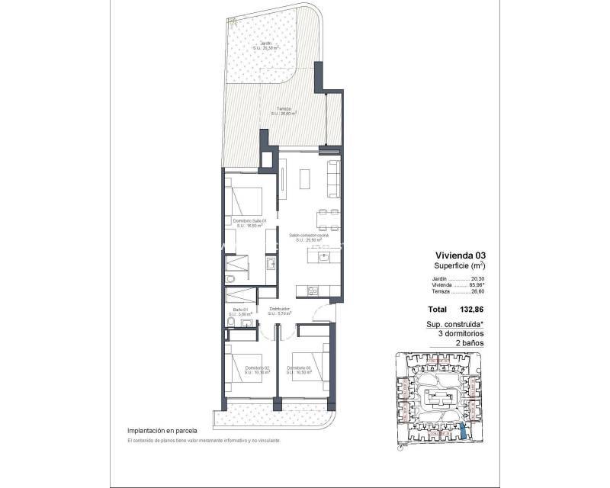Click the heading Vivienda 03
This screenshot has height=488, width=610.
[x=460, y=255]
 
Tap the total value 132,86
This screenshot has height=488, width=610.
[x=470, y=310]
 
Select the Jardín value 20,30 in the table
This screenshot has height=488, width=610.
[x=478, y=279]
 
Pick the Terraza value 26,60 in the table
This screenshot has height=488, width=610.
[x=478, y=291]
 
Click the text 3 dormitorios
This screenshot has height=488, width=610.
[x=460, y=334]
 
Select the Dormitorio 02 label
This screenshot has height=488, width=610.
[x=256, y=368]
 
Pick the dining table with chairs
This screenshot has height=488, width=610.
[x=329, y=219]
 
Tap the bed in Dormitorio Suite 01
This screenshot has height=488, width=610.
[x=246, y=202]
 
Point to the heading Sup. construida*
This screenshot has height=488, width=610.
[x=458, y=324]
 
